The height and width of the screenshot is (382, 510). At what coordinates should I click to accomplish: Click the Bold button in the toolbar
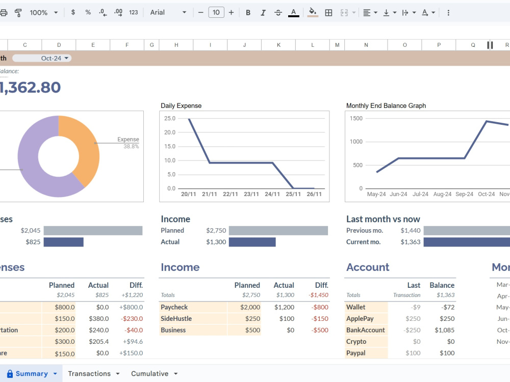click(x=248, y=13)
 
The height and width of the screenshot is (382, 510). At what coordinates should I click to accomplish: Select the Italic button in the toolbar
click(x=263, y=13)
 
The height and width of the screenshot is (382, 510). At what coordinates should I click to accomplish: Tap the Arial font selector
click(x=168, y=12)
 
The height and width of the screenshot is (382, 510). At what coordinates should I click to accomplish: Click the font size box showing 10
click(x=216, y=12)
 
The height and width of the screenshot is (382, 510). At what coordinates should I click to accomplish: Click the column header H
click(x=176, y=45)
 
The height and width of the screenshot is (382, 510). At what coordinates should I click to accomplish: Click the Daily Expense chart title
click(x=181, y=105)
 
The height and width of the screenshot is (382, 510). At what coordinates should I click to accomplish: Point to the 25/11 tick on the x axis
click(x=293, y=194)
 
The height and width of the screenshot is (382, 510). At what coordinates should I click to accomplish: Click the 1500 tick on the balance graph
click(x=356, y=118)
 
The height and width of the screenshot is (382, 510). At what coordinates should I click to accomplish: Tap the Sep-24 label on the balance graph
click(x=464, y=194)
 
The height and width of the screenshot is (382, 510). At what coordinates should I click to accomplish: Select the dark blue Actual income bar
click(x=252, y=242)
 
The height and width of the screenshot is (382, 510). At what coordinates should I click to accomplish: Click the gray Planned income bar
click(x=278, y=231)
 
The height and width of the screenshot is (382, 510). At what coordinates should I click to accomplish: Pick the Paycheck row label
click(x=174, y=307)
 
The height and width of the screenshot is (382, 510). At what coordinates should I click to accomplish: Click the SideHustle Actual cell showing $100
click(x=287, y=319)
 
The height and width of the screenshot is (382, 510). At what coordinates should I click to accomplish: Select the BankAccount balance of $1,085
click(x=444, y=330)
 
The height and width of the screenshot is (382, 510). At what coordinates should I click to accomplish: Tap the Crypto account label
click(x=356, y=342)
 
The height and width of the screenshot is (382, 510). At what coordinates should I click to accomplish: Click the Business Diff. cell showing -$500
click(x=320, y=330)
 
